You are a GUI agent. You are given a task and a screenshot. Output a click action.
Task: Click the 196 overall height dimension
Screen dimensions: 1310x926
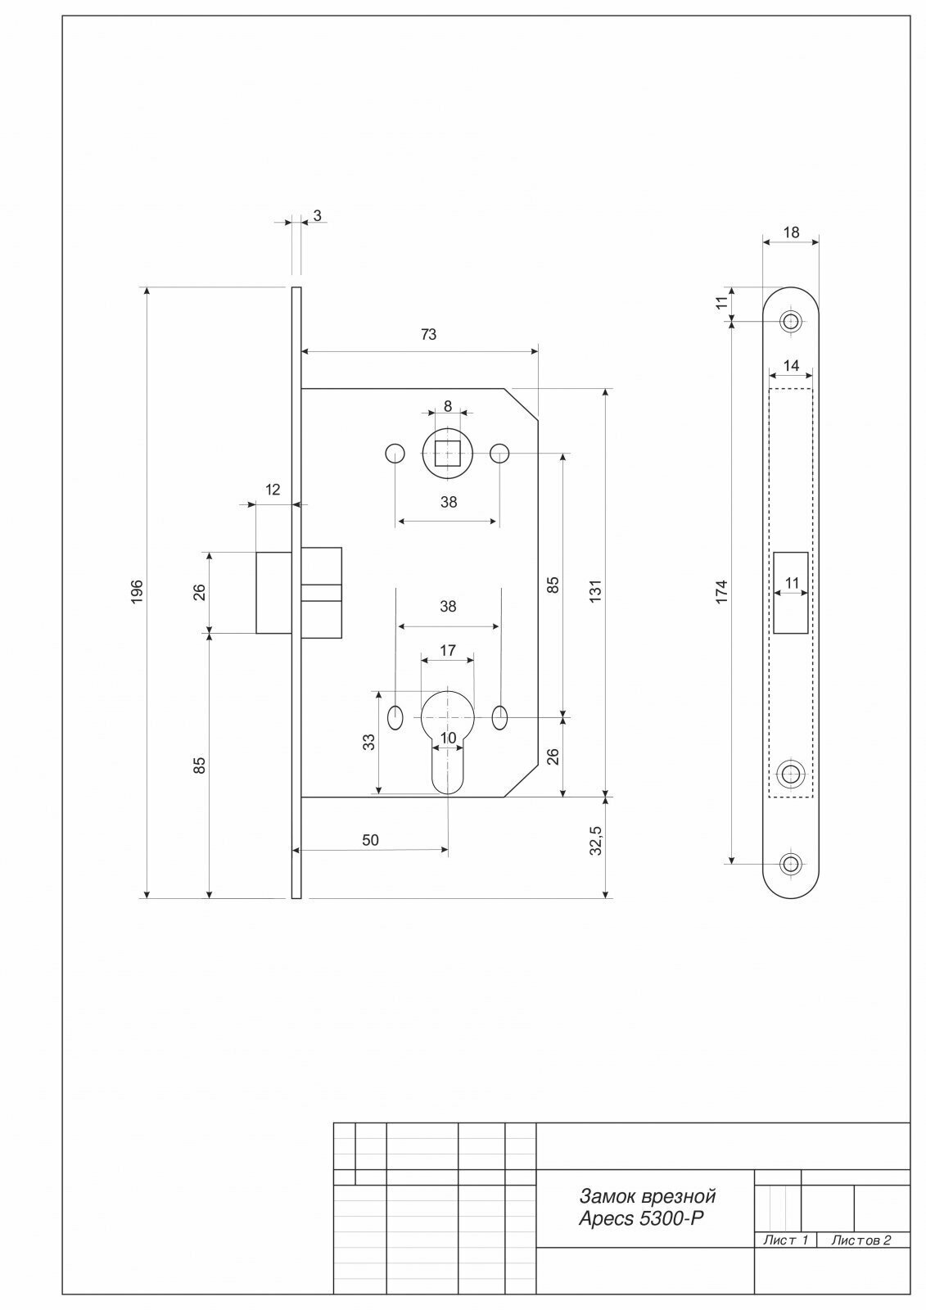138,592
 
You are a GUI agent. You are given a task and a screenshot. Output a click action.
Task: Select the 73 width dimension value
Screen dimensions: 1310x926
428,334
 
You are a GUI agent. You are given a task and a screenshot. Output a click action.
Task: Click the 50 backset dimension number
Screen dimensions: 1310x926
370,840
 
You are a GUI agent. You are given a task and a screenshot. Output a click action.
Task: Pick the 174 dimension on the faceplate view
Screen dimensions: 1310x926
720,591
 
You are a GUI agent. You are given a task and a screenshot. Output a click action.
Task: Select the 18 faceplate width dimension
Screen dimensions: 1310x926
791,233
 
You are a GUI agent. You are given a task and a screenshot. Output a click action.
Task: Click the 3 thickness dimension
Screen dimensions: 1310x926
317,215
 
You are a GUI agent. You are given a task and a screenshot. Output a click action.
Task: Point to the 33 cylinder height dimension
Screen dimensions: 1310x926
369,742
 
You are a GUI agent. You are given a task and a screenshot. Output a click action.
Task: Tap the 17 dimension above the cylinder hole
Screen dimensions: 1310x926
448,651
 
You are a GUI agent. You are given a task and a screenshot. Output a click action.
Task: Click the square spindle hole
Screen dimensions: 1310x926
448,453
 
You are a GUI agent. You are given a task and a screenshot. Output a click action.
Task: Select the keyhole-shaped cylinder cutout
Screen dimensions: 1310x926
447,737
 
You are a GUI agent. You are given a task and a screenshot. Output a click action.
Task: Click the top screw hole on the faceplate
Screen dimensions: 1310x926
790,321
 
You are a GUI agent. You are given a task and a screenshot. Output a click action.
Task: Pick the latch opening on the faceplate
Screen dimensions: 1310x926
791,593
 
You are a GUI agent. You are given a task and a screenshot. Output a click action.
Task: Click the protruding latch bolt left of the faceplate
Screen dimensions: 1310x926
273,593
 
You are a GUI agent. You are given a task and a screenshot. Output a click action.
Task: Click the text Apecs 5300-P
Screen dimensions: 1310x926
641,1218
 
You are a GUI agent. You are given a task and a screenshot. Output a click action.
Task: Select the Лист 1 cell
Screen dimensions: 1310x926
785,1240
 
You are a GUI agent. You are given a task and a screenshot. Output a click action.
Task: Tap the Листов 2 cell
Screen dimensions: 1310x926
861,1240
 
